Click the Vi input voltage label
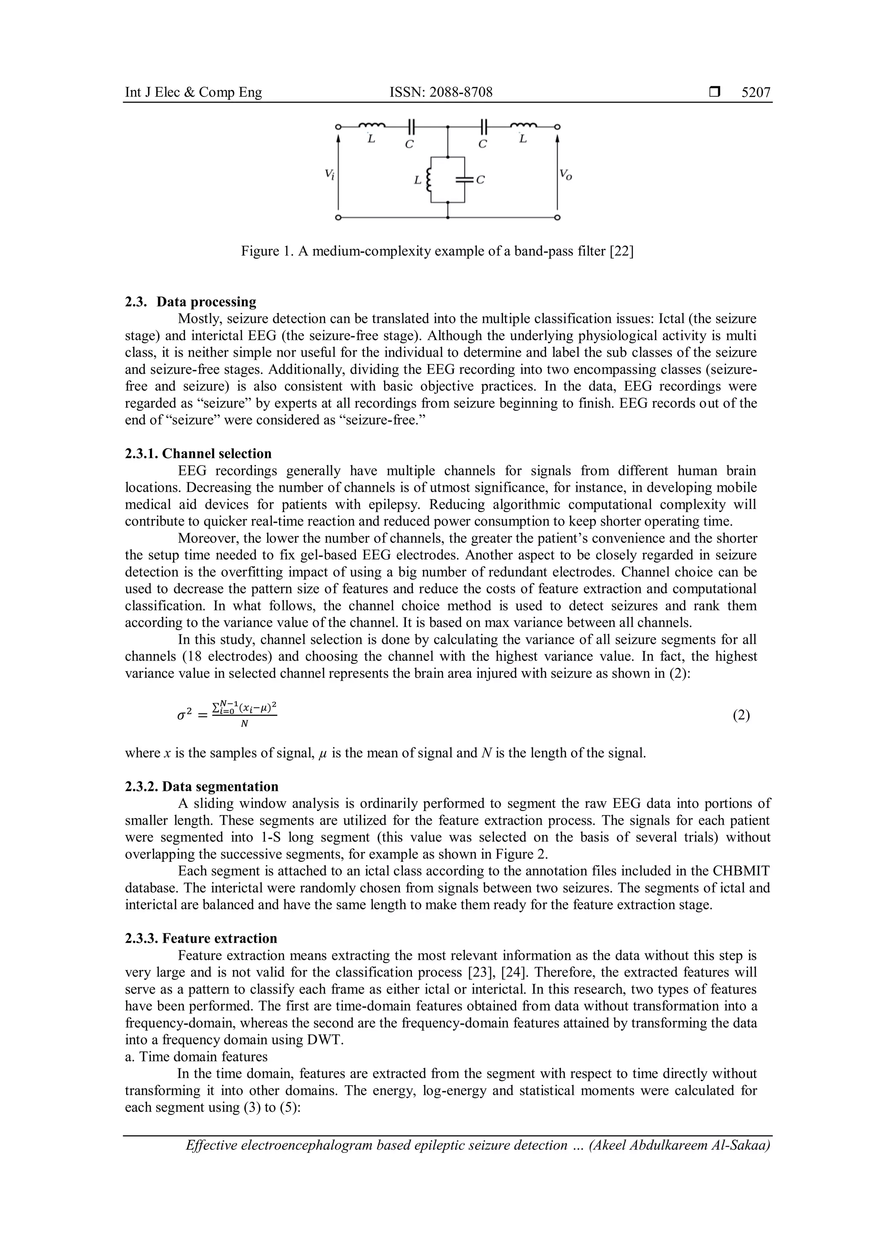(330, 175)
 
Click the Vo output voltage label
(565, 175)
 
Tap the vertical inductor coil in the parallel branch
(429, 180)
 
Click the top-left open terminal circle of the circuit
(338, 127)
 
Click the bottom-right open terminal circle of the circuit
(558, 218)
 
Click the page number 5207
(756, 93)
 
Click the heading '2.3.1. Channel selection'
(198, 453)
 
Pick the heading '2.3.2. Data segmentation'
(202, 787)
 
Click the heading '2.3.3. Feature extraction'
(201, 938)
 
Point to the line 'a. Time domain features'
(196, 1056)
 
